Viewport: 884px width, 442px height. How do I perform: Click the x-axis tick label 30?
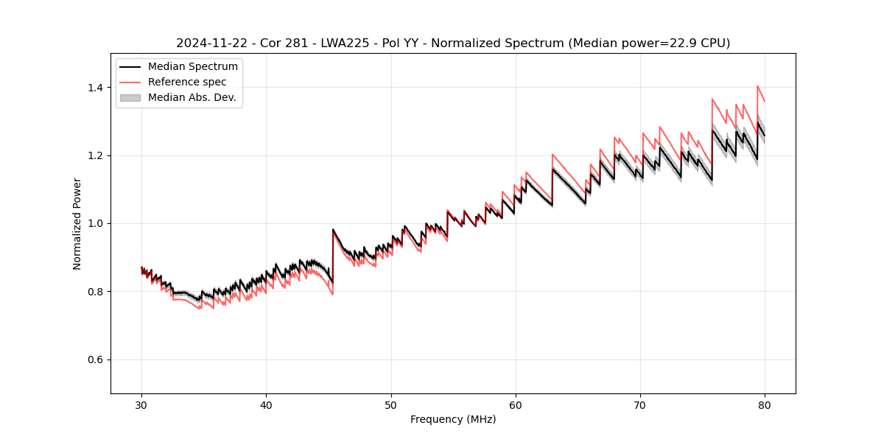pyautogui.click(x=141, y=404)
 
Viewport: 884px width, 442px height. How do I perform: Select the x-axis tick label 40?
pyautogui.click(x=266, y=404)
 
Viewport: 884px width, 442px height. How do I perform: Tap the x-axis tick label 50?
pyautogui.click(x=391, y=404)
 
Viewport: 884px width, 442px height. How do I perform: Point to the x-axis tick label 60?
pyautogui.click(x=516, y=404)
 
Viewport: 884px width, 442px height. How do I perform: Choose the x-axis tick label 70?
pyautogui.click(x=640, y=404)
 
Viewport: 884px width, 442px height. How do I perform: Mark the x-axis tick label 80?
pyautogui.click(x=765, y=404)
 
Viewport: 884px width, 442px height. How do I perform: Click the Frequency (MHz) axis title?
pyautogui.click(x=453, y=419)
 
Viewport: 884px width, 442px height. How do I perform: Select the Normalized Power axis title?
pyautogui.click(x=77, y=223)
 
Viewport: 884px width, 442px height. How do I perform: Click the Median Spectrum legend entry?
pyautogui.click(x=192, y=67)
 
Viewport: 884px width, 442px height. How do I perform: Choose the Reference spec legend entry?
pyautogui.click(x=187, y=82)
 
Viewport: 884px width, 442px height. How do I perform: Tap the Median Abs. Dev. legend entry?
pyautogui.click(x=192, y=97)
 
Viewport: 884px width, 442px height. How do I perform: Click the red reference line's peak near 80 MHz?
pyautogui.click(x=757, y=86)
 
